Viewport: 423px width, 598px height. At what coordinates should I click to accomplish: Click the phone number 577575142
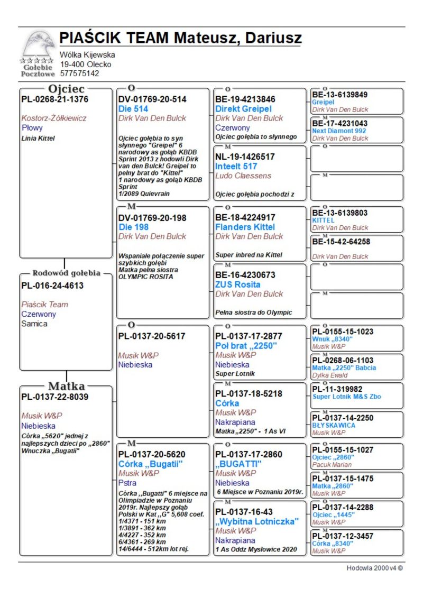click(x=79, y=73)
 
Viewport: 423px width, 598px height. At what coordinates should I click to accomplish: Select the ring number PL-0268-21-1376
click(x=54, y=99)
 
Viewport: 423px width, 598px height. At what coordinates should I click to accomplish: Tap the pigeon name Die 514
click(x=133, y=108)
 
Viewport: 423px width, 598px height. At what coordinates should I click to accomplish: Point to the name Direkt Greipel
click(x=243, y=108)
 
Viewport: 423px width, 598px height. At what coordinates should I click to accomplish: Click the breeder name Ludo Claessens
click(x=243, y=176)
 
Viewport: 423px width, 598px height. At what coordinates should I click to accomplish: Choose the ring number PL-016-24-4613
click(x=52, y=286)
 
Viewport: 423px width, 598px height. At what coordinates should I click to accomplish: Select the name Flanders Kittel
click(x=245, y=227)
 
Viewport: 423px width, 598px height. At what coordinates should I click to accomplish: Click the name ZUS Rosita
click(x=237, y=284)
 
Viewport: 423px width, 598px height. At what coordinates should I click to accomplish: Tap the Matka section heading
click(x=66, y=385)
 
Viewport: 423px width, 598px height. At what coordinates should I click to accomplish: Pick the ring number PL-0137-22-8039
click(x=54, y=397)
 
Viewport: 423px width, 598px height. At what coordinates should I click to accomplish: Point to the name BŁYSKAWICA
click(x=334, y=425)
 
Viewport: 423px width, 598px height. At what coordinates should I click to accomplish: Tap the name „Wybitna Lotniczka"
click(x=257, y=521)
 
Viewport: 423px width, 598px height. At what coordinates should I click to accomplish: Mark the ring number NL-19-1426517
click(x=245, y=157)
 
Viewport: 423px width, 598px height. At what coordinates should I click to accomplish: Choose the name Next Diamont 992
click(x=339, y=131)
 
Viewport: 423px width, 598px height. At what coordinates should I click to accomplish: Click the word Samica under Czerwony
click(x=34, y=324)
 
